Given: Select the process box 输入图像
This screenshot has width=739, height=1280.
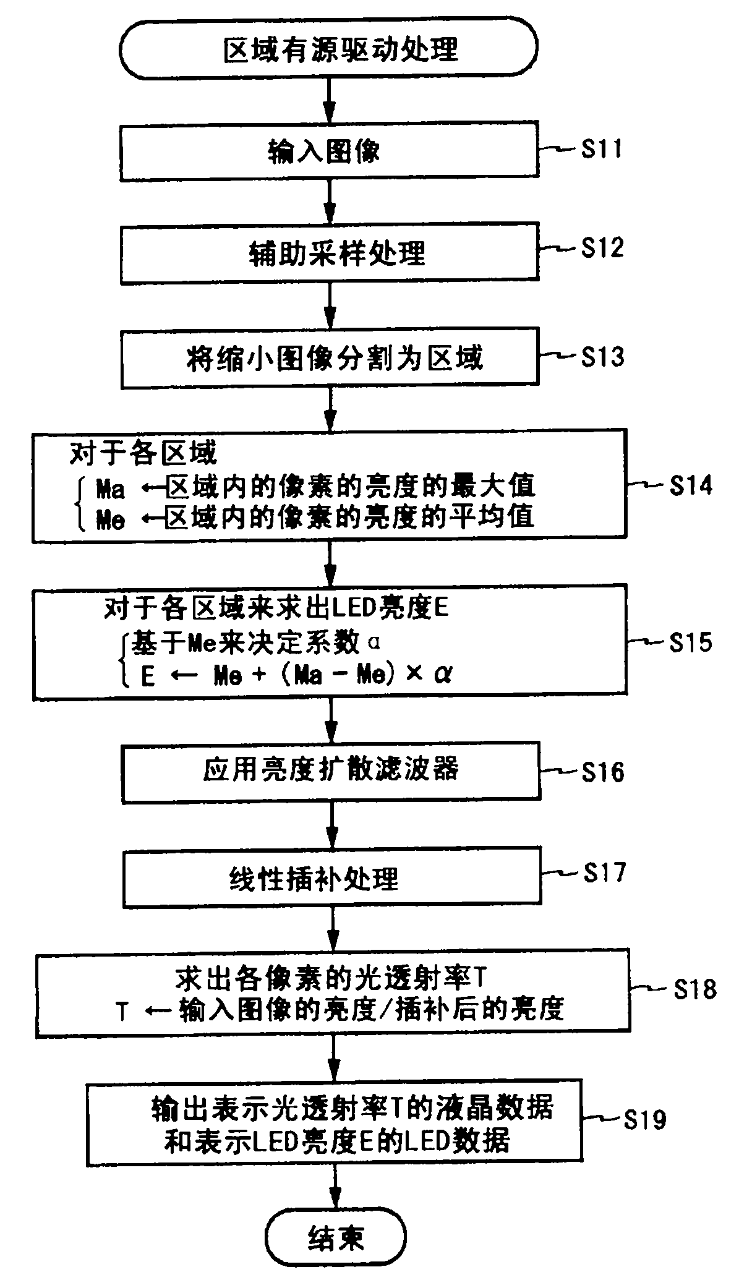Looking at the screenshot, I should [x=328, y=152].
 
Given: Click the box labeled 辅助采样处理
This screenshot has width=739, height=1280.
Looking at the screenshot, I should [x=328, y=253].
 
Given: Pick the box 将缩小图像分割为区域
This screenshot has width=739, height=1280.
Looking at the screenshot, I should [x=328, y=359].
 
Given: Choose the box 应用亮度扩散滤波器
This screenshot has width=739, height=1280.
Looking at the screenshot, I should [x=330, y=772].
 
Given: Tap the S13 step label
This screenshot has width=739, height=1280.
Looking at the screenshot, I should [x=601, y=357].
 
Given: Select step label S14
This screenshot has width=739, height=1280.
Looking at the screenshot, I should [x=691, y=486].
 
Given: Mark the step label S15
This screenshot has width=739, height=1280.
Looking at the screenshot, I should [x=691, y=643].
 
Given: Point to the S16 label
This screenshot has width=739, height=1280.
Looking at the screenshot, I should [x=603, y=772].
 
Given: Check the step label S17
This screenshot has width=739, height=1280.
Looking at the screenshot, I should [x=605, y=873].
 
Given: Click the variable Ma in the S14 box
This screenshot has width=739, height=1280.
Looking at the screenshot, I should [x=110, y=490].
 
